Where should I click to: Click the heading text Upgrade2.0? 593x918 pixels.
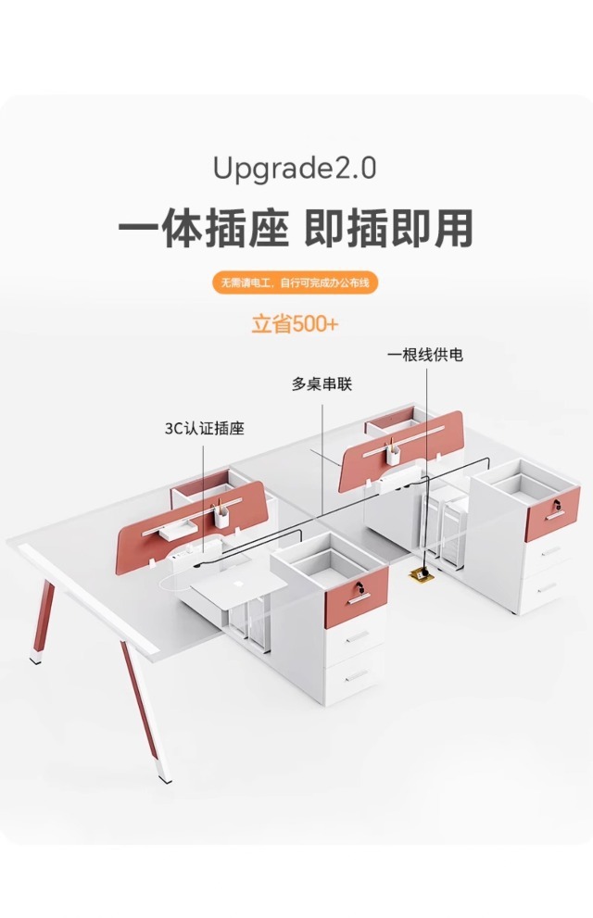click(x=295, y=169)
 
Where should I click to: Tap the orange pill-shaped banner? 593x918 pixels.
click(x=296, y=283)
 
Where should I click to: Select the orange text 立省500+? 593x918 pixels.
click(x=296, y=324)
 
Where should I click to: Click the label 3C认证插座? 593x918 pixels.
click(x=205, y=429)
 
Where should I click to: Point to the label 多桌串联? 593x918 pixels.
click(x=322, y=384)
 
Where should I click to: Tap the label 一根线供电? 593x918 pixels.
click(x=425, y=355)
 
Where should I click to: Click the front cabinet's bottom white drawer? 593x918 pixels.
click(x=354, y=677)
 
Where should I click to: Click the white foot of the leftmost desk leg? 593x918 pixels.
click(x=36, y=659)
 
